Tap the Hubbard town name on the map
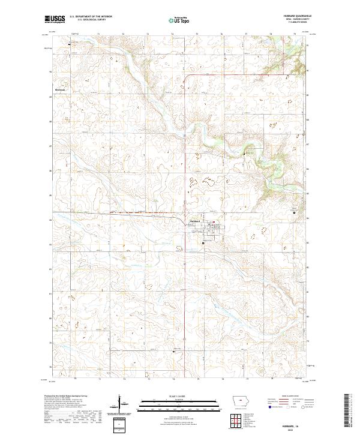coord(194,221)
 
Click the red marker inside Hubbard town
coord(211,222)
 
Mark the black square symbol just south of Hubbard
coord(203,243)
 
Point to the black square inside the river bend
coord(245,154)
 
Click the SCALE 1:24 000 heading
coord(179,394)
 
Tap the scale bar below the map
coord(179,400)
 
